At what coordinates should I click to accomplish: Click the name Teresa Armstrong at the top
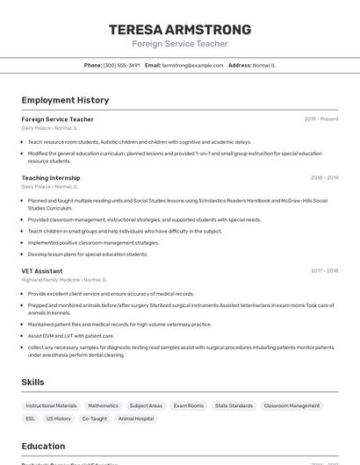[x=180, y=29]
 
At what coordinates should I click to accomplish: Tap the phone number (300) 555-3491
[x=121, y=65]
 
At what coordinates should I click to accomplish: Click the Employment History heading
[x=65, y=100]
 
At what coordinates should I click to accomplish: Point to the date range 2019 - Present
[x=321, y=118]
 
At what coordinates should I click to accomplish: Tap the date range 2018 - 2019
[x=324, y=177]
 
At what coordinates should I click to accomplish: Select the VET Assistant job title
[x=42, y=271]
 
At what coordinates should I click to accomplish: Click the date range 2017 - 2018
[x=324, y=271]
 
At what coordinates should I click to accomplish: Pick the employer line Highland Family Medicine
[x=64, y=280]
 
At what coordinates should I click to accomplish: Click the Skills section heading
[x=33, y=383]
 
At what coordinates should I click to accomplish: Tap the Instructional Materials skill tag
[x=51, y=406]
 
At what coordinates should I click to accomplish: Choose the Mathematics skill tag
[x=103, y=406]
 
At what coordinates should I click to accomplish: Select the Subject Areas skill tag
[x=146, y=406]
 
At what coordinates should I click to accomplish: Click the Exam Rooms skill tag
[x=189, y=406]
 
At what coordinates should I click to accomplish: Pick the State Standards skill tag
[x=234, y=406]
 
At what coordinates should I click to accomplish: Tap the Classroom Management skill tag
[x=292, y=406]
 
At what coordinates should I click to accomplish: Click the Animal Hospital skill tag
[x=136, y=419]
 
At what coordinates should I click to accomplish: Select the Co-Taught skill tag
[x=94, y=419]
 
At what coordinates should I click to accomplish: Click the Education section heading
[x=43, y=446]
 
